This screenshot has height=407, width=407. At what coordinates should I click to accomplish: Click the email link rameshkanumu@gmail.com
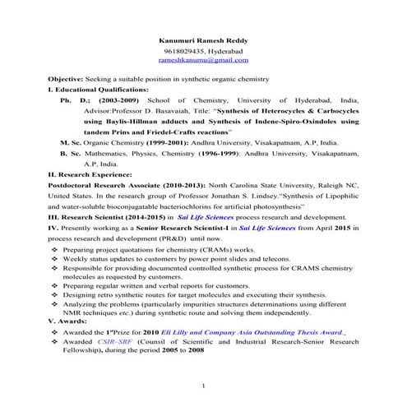pos(203,60)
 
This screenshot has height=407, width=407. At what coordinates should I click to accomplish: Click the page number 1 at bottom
pos(203,386)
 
